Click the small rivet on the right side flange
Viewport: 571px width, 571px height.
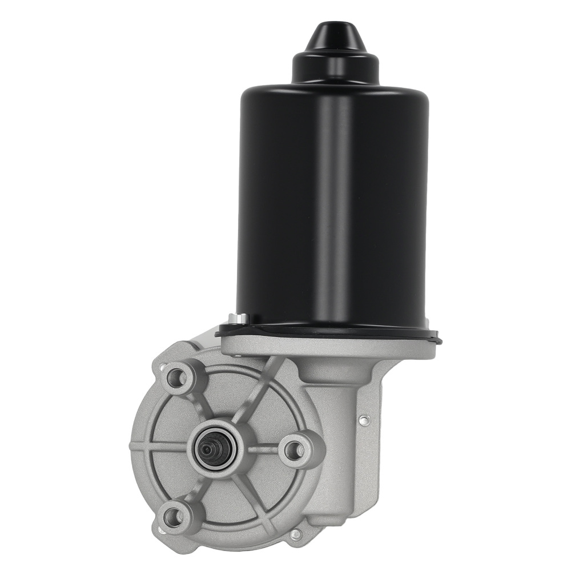(362, 421)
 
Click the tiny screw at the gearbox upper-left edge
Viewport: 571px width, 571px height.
(163, 365)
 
